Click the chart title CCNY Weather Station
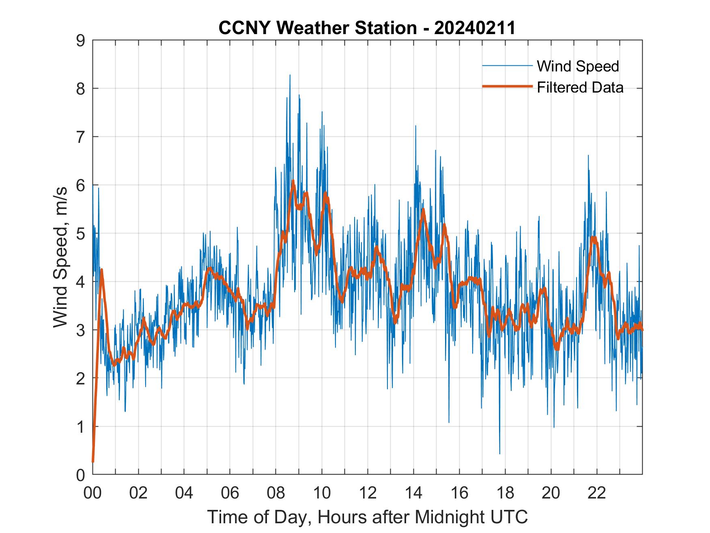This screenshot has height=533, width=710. point(318,28)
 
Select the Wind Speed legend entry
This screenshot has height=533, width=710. point(578,66)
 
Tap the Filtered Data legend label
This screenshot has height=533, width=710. point(580,87)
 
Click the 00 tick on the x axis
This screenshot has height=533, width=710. point(93,493)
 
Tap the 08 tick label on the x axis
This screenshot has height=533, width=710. point(276,493)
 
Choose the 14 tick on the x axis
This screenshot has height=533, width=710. point(413,493)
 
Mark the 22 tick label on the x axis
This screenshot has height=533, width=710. point(597,493)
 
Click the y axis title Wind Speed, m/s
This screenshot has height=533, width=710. point(60,257)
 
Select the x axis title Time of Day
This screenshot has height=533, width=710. point(368,517)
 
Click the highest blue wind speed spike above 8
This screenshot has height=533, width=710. point(290,76)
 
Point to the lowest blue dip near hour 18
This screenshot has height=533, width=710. point(499,453)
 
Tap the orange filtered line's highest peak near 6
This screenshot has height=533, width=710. point(293,181)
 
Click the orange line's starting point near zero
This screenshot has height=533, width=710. point(93,461)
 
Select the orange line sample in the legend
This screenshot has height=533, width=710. point(507,86)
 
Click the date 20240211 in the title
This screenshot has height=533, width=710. point(475,28)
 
